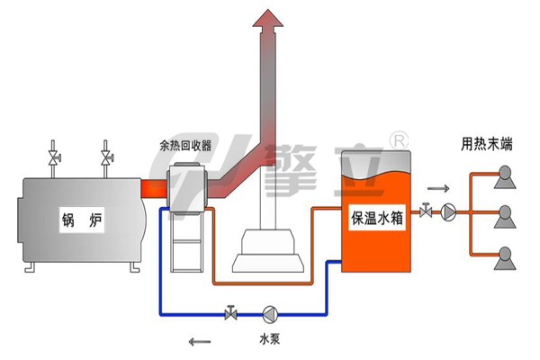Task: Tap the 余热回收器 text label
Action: (185, 144)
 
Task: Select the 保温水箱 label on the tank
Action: (376, 217)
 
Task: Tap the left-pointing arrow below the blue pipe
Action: (201, 340)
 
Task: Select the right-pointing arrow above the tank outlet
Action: (436, 189)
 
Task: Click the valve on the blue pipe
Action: (231, 314)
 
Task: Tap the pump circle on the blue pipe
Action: (270, 314)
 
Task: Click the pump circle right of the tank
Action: (449, 212)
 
